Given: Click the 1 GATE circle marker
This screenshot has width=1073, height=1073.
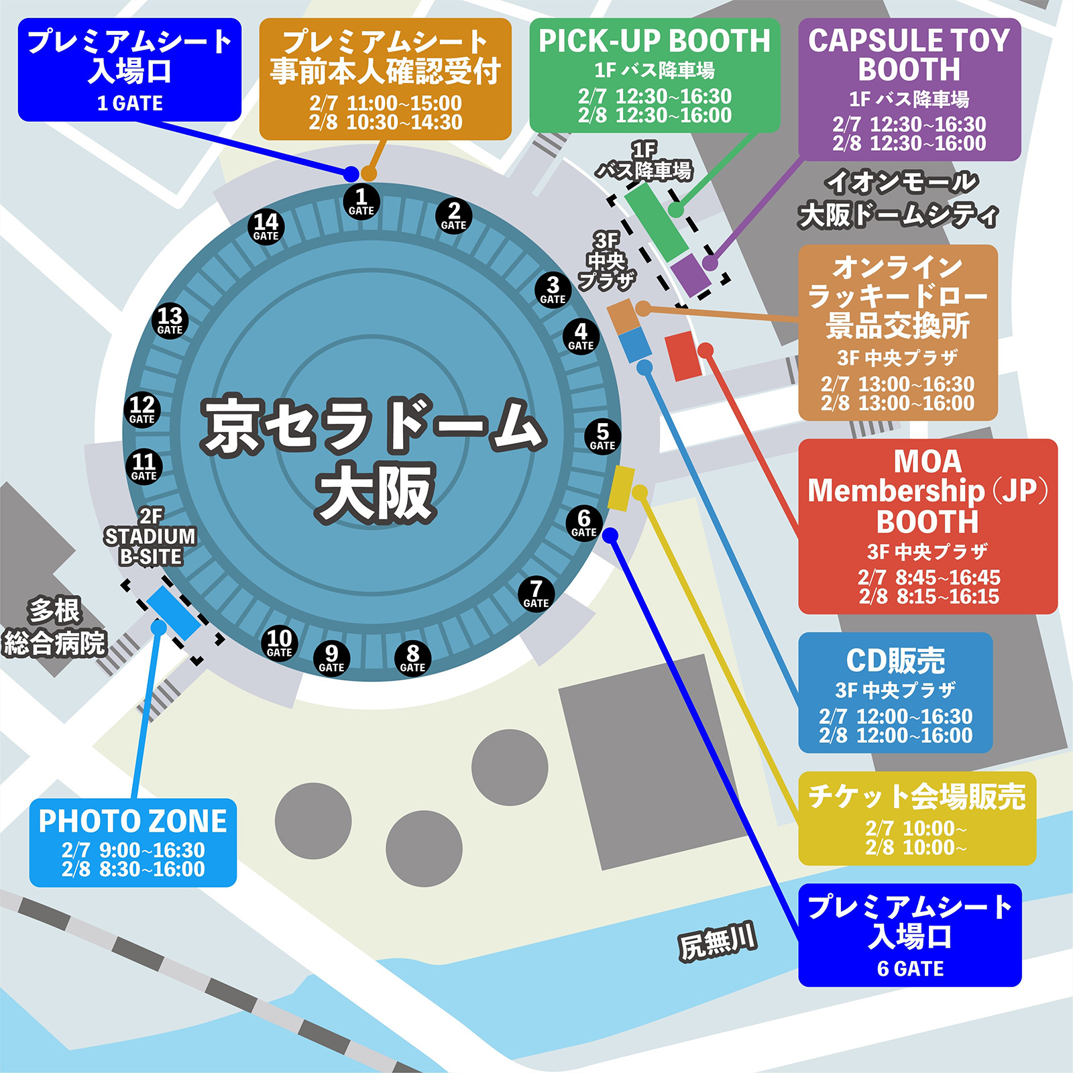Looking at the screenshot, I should [361, 201].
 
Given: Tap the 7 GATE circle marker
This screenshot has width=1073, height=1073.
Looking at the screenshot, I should [536, 594].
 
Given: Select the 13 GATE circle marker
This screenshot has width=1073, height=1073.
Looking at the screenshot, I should [170, 321].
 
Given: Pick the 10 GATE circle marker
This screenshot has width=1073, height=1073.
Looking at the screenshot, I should [279, 643].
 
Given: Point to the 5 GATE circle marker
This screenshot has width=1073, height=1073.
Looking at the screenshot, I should [602, 437].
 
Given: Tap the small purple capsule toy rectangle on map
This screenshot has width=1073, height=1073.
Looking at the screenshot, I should [690, 274].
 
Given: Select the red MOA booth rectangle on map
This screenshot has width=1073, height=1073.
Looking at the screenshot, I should [683, 356].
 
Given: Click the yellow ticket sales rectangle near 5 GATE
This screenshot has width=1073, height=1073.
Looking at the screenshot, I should [621, 488].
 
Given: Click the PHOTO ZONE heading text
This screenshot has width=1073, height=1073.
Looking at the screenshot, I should [133, 822].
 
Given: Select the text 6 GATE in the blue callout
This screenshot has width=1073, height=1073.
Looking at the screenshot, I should [910, 969].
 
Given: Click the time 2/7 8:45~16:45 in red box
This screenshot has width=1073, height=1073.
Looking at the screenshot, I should [929, 577].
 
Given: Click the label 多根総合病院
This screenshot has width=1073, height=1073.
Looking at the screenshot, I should [55, 627].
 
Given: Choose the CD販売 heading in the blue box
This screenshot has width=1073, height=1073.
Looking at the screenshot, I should [895, 661].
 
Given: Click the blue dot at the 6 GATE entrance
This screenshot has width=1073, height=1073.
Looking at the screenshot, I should [610, 535].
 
